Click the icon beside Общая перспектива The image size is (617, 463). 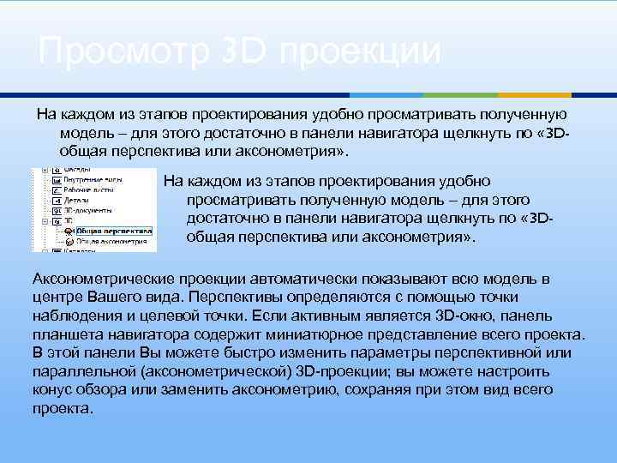coord(69,231)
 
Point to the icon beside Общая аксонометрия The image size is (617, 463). coord(69,241)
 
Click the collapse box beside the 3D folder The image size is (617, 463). coord(45,220)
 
